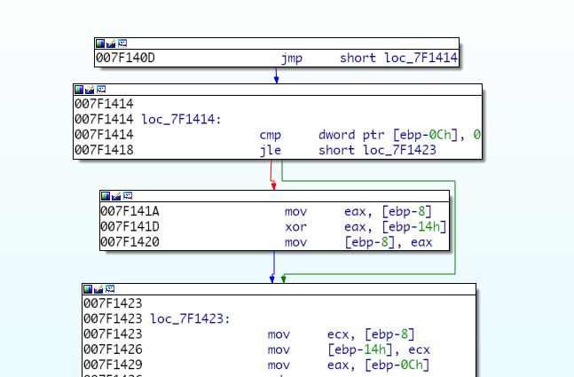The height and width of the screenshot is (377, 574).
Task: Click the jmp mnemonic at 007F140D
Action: pos(292,59)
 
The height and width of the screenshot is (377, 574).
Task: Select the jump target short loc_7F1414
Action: pos(398,59)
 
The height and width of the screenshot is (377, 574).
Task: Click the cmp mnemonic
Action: pos(270,135)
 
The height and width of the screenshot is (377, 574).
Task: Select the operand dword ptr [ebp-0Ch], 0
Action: pos(399,135)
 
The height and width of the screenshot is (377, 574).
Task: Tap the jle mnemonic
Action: pos(270,151)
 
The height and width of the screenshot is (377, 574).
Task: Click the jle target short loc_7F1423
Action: pos(377,151)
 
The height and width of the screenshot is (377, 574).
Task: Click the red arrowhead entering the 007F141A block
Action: pos(273,185)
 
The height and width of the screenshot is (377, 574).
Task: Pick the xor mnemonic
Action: pos(295,227)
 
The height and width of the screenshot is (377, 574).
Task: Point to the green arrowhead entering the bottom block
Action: pos(284,279)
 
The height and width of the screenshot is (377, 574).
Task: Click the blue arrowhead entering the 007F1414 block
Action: pos(277,80)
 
